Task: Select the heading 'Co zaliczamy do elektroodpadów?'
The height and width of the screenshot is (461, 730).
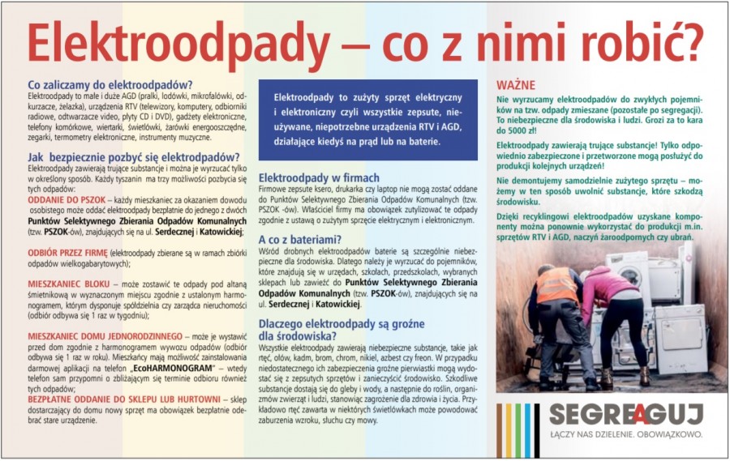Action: point(109,85)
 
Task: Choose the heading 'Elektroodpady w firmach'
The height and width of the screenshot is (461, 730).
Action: point(318,177)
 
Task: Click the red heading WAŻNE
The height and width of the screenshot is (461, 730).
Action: point(515,84)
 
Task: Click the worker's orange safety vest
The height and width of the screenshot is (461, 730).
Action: point(557,286)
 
